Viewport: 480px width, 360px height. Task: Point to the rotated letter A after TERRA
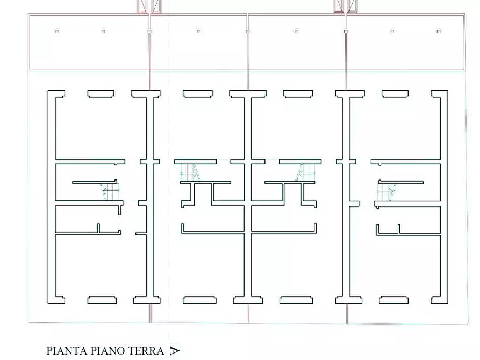175,351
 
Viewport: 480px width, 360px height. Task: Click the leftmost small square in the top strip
57,31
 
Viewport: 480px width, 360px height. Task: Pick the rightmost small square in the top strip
439,31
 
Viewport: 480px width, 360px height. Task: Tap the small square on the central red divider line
248,31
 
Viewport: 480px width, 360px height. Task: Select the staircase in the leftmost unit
109,192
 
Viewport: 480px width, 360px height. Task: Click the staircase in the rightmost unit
386,192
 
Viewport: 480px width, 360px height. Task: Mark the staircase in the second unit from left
190,172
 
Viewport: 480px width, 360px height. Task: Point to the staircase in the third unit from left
305,172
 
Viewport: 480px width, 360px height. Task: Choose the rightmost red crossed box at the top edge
352,6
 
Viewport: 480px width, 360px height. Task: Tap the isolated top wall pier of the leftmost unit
101,94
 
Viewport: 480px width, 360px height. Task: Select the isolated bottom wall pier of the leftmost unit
102,300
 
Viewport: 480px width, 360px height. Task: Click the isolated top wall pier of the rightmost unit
395,94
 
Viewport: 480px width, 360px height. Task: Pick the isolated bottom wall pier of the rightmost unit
393,300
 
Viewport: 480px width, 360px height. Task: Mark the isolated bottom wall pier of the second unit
199,300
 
